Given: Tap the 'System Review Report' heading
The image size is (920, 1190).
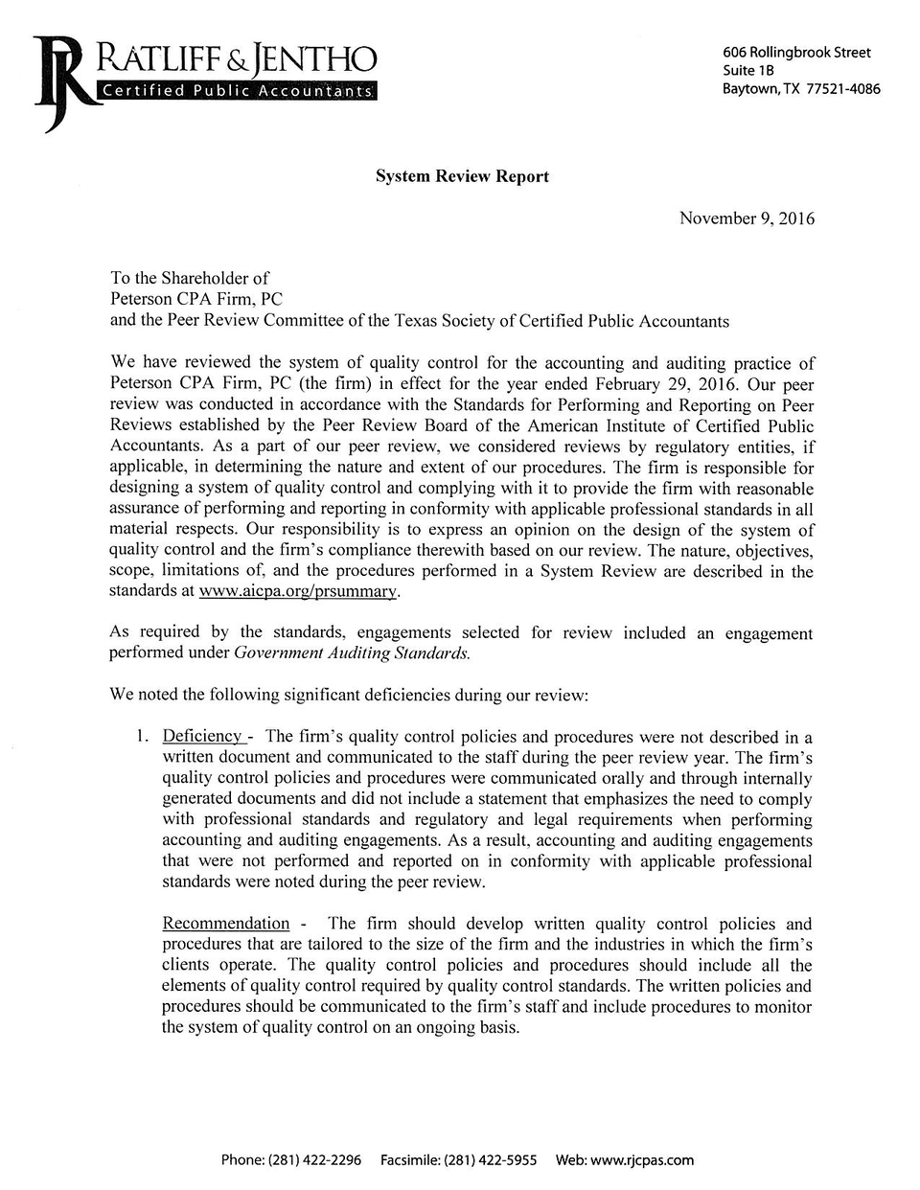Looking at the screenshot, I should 462,176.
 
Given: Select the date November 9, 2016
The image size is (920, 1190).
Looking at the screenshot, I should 747,218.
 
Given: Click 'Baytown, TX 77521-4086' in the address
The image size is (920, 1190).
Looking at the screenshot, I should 801,89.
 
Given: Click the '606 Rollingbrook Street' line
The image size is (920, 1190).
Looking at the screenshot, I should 796,53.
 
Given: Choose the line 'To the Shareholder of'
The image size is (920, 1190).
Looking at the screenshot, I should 190,279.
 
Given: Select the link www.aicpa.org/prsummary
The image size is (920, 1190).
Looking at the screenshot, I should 297,592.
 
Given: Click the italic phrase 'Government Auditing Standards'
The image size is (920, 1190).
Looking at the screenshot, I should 352,653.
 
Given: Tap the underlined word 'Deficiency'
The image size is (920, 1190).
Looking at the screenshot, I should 203,737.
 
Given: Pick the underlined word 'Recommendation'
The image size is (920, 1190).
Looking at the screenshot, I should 226,924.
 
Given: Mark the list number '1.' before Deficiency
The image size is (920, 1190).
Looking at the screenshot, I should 141,737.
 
